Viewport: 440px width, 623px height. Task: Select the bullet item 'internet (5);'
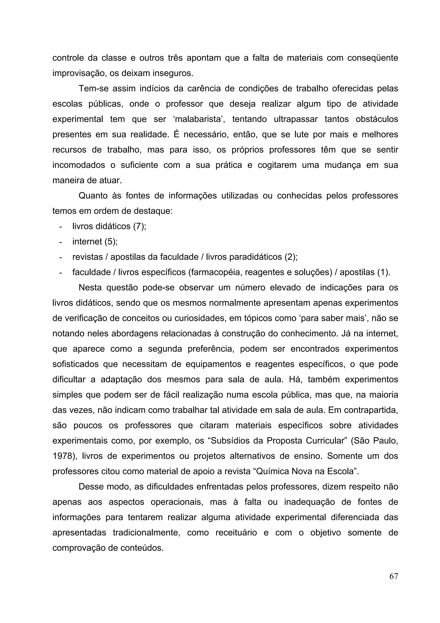pos(95,241)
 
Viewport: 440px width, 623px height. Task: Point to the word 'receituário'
pos(236,533)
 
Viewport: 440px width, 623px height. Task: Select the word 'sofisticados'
pos(75,364)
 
